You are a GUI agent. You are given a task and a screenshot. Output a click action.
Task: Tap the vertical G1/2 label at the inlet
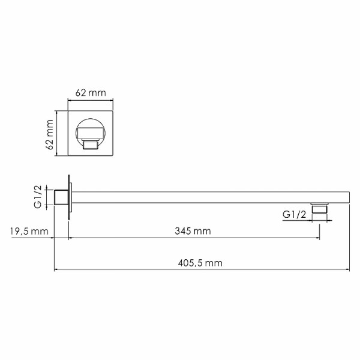[38, 197]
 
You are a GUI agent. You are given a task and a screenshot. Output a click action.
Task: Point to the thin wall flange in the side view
[71, 197]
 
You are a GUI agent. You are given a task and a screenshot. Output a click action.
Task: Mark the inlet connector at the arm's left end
[61, 197]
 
